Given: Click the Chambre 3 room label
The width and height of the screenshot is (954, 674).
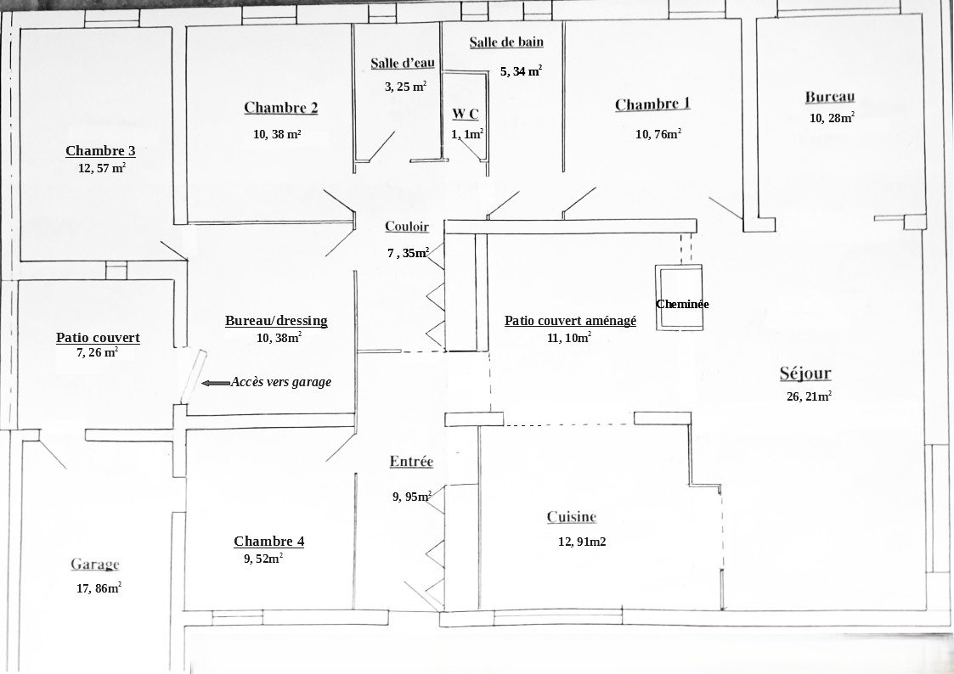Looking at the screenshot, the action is tap(100, 151).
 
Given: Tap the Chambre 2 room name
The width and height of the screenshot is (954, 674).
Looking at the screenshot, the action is tap(280, 108).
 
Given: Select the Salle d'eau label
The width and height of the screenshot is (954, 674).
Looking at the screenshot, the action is tap(402, 63).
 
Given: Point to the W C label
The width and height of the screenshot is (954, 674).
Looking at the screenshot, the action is tap(466, 114).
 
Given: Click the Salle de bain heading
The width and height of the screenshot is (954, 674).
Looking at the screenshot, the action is tap(506, 42).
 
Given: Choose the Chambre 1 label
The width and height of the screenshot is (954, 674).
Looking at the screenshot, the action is tap(652, 104).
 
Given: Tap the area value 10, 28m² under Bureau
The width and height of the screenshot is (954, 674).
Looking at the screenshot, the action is tap(832, 118).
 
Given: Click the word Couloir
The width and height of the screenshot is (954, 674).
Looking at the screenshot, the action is tap(407, 227).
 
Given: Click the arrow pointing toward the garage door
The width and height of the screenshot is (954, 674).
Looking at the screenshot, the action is tap(216, 383).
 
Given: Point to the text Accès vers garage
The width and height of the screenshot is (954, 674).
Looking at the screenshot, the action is tap(281, 382).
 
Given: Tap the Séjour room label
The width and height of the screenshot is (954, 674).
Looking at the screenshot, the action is tap(805, 374).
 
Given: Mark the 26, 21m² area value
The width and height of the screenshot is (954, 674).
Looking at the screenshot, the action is tap(810, 397).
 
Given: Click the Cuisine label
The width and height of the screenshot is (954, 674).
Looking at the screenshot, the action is tap(572, 517).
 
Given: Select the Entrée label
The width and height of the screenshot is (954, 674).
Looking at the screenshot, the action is tap(411, 461).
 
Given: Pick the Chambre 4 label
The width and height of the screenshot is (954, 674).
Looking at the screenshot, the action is tap(269, 542).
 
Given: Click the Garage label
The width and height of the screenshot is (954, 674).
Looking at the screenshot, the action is tap(95, 564).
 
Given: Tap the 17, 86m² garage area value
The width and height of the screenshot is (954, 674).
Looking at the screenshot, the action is tap(99, 588).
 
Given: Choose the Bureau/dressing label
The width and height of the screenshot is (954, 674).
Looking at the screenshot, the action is tap(276, 321).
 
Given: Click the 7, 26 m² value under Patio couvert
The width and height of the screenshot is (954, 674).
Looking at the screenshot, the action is tap(98, 352).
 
